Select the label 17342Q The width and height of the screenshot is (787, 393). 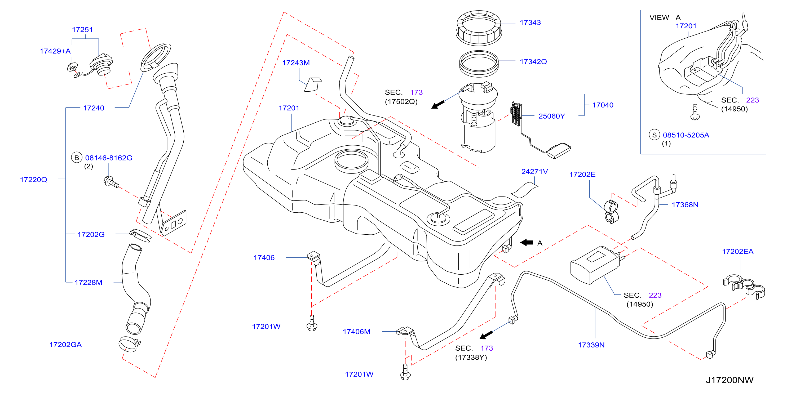(533, 62)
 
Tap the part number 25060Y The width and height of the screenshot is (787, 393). (551, 116)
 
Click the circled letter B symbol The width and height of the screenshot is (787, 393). (77, 158)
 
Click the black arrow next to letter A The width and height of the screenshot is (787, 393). (527, 243)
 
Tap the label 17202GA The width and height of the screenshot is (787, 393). (65, 345)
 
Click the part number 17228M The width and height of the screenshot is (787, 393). (88, 283)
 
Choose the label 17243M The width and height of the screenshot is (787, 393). (296, 63)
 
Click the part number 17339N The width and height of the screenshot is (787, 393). (591, 345)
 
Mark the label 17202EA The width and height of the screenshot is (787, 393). (737, 252)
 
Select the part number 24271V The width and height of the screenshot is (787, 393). (534, 172)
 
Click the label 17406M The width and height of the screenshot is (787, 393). (356, 332)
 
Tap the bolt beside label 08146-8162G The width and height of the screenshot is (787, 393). (111, 182)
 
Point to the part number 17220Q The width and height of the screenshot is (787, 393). (34, 180)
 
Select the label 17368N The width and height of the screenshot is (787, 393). (685, 205)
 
